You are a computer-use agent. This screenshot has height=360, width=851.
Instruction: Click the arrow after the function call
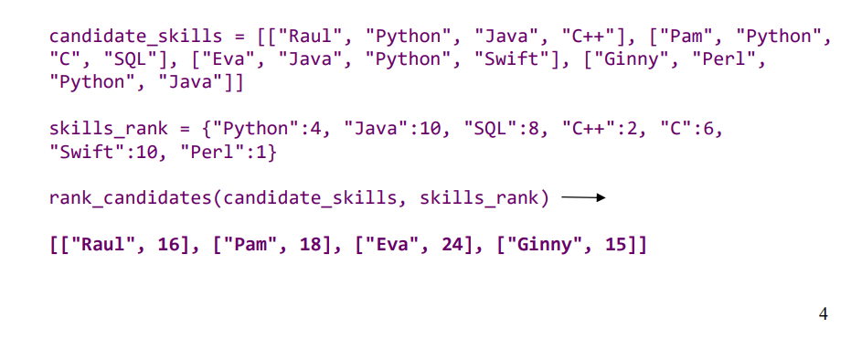click(x=583, y=197)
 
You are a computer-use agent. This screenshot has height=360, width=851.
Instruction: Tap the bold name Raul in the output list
click(x=101, y=245)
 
